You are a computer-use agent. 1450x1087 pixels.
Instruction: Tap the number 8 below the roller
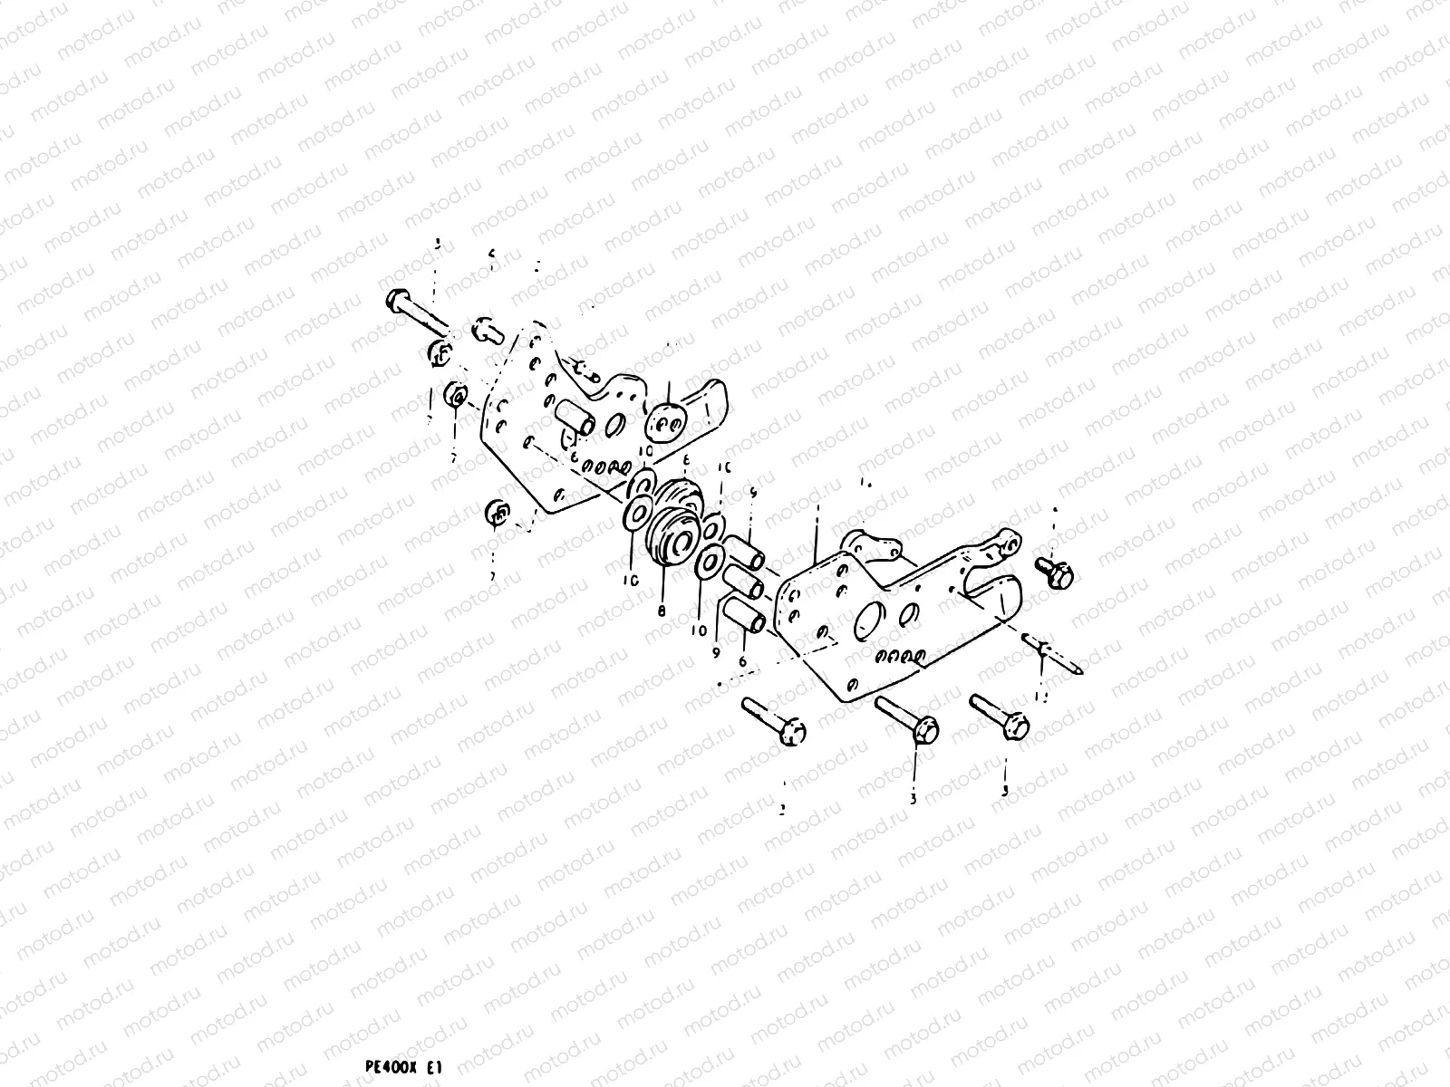pyautogui.click(x=662, y=611)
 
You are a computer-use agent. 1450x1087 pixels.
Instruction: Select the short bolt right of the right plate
pyautogui.click(x=1055, y=571)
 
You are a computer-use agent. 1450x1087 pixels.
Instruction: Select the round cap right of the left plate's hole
pyautogui.click(x=669, y=422)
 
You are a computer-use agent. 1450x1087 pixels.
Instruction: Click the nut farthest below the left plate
pyautogui.click(x=496, y=513)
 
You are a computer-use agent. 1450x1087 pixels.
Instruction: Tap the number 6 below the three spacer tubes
pyautogui.click(x=742, y=663)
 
